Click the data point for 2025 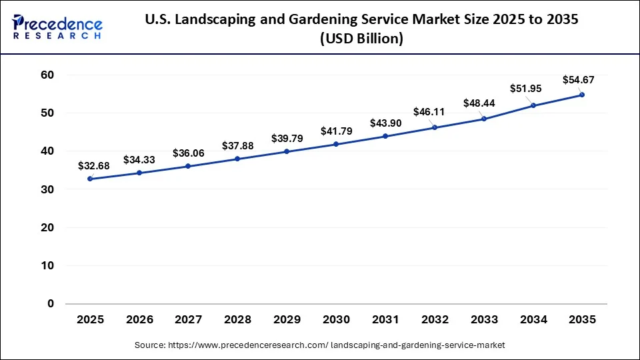pos(90,179)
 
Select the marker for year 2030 pos(336,144)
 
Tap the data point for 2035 pos(582,95)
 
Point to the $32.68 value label pos(90,165)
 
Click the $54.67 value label pos(578,80)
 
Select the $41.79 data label pos(336,131)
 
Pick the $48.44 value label pos(479,103)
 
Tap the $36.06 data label pos(189,153)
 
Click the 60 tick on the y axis pos(46,75)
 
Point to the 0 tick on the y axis pos(50,304)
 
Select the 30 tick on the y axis pos(46,190)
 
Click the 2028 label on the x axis pos(238,320)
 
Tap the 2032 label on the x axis pos(435,320)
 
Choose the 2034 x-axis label pos(533,320)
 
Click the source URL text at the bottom pos(320,345)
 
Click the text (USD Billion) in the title pos(361,39)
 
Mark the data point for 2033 pos(484,119)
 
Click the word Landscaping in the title pos(214,20)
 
